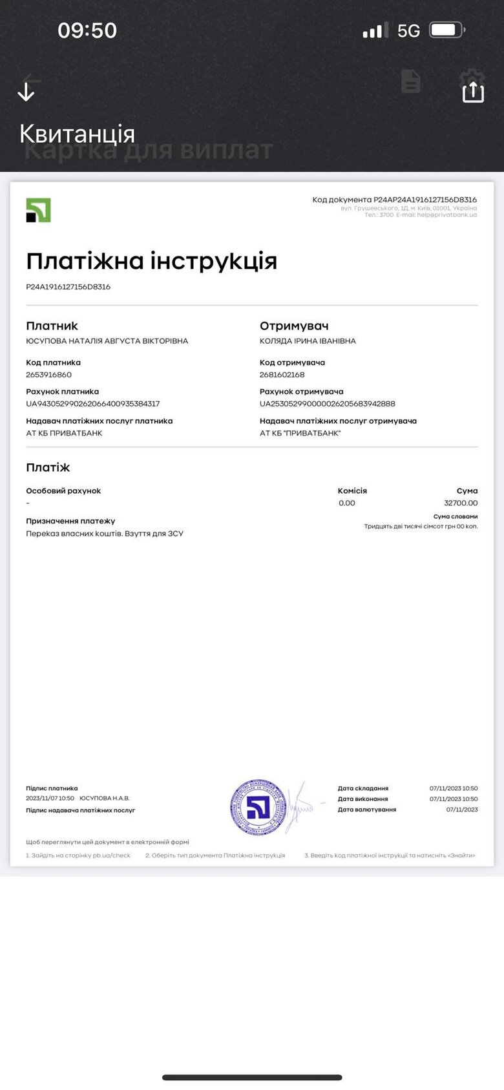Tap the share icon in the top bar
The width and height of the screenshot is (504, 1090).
tap(473, 91)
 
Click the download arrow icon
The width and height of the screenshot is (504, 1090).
tap(26, 92)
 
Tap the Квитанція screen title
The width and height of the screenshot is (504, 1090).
tap(77, 134)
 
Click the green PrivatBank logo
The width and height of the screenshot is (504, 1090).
tap(38, 211)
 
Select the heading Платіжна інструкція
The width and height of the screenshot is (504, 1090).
tap(151, 261)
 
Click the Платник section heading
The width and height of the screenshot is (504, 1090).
tap(52, 326)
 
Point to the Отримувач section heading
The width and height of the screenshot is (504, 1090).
tap(294, 326)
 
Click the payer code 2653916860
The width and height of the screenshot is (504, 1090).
tap(48, 375)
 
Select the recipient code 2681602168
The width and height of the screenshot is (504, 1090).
tap(282, 375)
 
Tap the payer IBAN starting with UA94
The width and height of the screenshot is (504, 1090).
tap(92, 404)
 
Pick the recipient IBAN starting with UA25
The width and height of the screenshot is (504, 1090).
tap(327, 404)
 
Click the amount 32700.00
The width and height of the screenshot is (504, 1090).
tap(461, 503)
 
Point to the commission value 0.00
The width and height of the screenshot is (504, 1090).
tap(346, 503)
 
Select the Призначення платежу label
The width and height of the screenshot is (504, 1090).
tap(70, 521)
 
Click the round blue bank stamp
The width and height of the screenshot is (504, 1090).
tap(258, 807)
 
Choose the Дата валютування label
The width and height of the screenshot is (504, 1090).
tap(366, 810)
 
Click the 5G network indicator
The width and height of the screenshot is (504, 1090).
tap(408, 31)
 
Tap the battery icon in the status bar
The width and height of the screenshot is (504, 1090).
tap(447, 30)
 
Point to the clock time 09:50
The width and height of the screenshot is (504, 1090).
tap(87, 30)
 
